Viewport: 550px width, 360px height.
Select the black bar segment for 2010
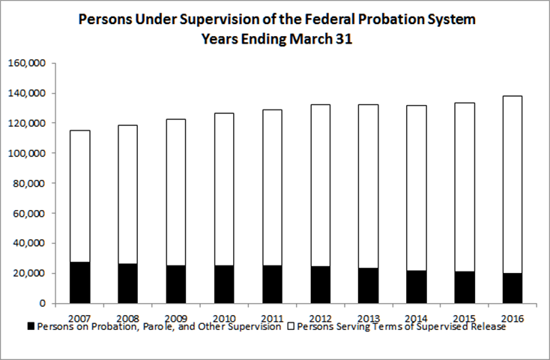click(x=220, y=283)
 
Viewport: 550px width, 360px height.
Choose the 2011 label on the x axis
click(x=268, y=316)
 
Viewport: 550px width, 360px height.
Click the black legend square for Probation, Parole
click(x=31, y=327)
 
